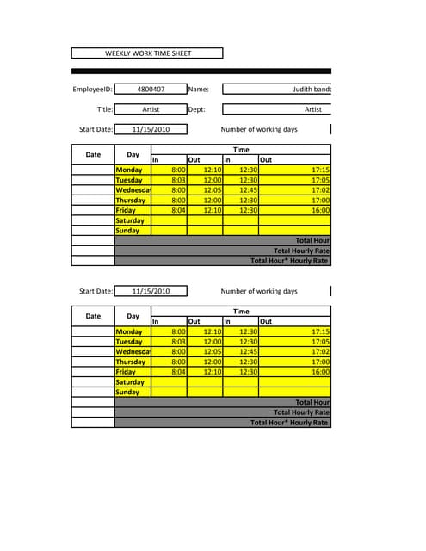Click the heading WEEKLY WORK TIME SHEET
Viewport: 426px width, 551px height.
[148, 53]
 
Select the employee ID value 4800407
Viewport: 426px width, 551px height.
[151, 89]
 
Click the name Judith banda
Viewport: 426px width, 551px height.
[312, 89]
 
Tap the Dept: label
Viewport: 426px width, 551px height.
[197, 109]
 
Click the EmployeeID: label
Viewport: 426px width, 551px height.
[93, 89]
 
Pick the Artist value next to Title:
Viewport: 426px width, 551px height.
[151, 109]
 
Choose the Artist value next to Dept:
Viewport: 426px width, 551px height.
[312, 109]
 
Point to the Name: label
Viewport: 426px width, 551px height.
[198, 89]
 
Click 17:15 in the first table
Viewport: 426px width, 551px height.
[320, 170]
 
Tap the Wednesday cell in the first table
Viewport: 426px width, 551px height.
[133, 190]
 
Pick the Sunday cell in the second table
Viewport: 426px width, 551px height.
[127, 393]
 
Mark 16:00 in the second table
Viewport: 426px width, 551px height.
[320, 372]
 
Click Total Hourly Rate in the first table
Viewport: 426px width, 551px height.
[301, 251]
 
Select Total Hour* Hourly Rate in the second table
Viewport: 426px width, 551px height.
[289, 423]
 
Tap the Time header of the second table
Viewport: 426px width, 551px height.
[241, 312]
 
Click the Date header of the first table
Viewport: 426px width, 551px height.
[93, 155]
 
